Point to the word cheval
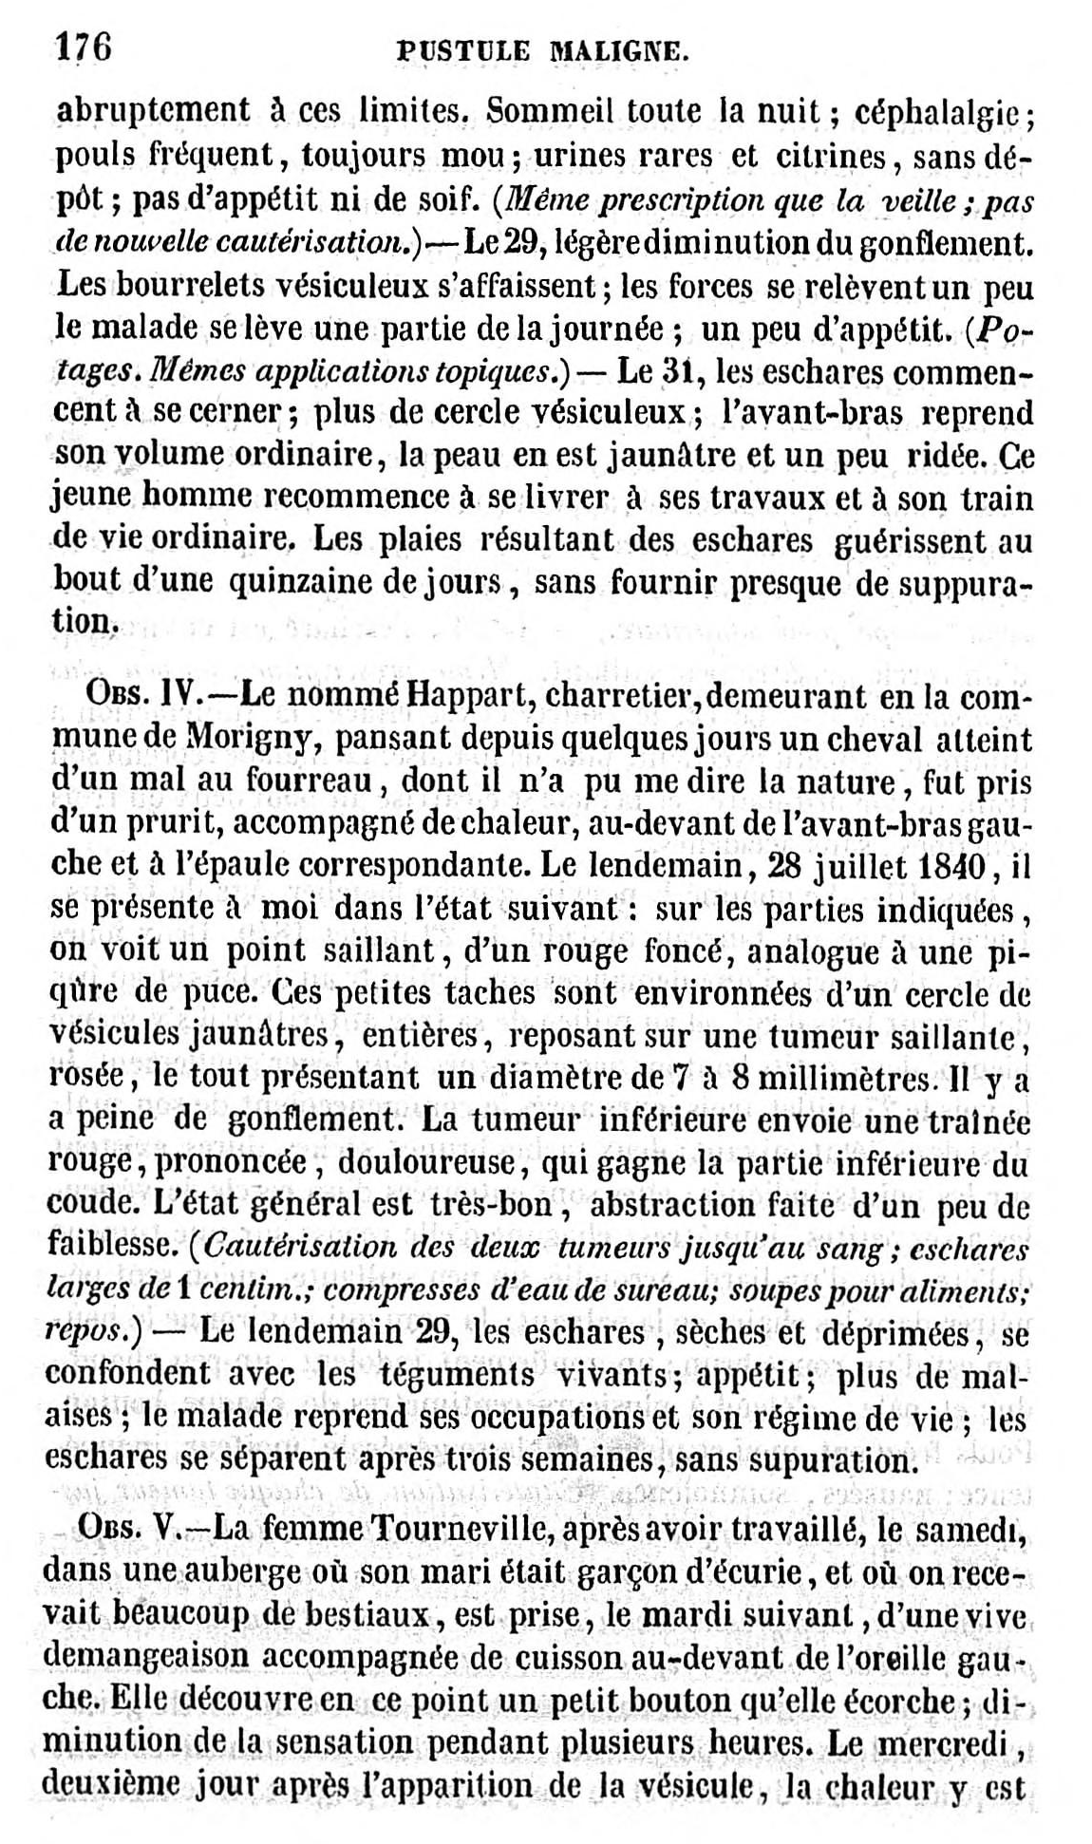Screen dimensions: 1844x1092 pyautogui.click(x=867, y=738)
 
